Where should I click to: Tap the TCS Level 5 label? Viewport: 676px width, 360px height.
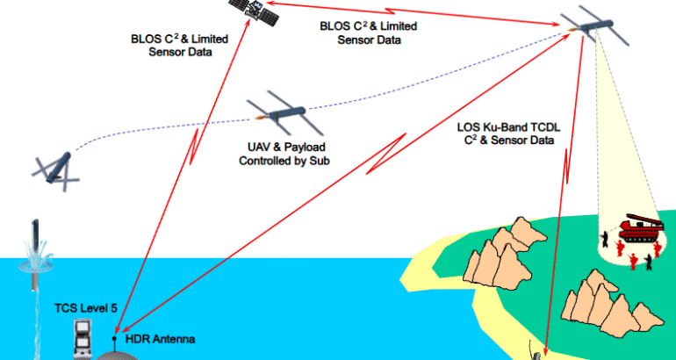pos(87,308)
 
